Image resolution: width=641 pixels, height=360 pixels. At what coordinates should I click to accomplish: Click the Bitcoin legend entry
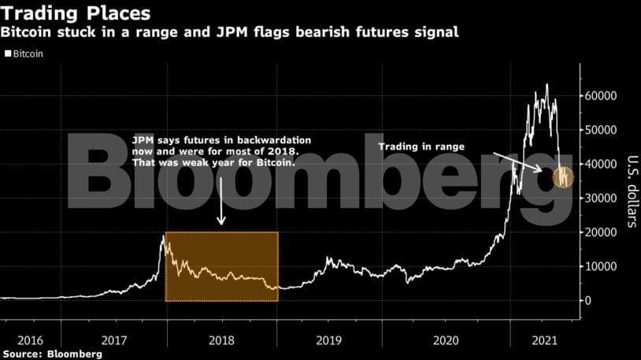coord(27,54)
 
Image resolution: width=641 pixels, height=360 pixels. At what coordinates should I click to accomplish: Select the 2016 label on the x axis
coord(30,340)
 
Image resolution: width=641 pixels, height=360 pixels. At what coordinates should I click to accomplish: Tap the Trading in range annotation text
coord(422,147)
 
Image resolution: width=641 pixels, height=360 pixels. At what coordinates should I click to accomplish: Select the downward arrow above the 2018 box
coord(221,201)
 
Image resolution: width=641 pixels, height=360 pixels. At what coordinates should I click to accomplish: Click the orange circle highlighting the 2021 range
coord(564,178)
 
